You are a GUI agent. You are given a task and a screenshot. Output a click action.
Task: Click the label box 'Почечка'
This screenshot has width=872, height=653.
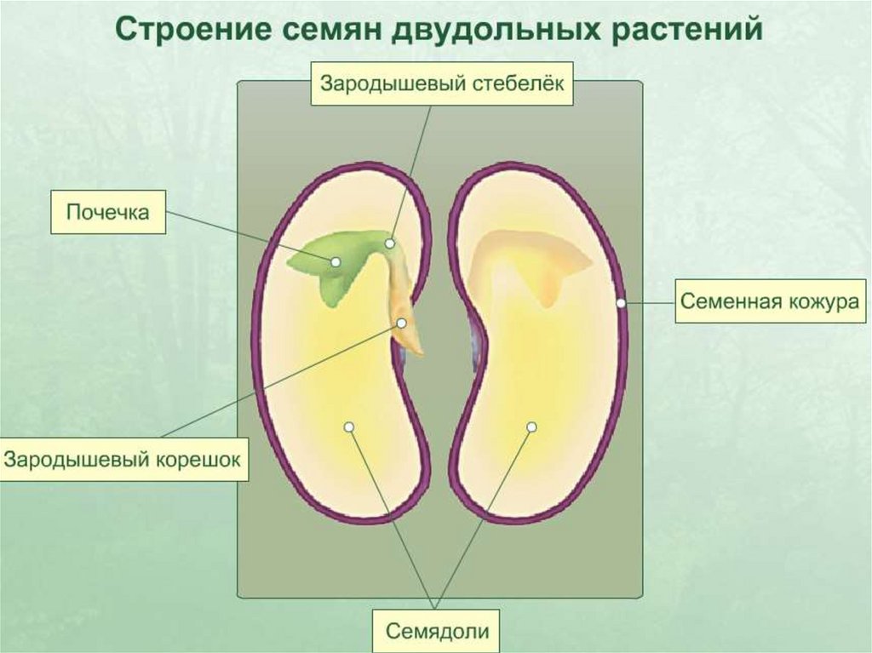pos(107,213)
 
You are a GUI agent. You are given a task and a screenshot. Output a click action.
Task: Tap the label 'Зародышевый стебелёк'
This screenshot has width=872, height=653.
pos(441,83)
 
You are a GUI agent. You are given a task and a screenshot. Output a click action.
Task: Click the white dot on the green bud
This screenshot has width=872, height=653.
pos(336,262)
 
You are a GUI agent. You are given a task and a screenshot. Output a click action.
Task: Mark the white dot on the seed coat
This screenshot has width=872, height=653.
pos(621,302)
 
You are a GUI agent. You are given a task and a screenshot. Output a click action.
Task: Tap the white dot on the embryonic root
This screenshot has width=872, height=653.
pos(402,323)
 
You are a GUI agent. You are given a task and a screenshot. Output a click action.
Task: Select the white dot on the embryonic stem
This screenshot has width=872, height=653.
pos(389,243)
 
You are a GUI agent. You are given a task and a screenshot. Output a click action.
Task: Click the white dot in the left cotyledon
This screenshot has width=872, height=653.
pos(348,426)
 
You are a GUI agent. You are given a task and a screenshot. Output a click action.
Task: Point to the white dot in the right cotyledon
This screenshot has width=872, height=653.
pos(531,426)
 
